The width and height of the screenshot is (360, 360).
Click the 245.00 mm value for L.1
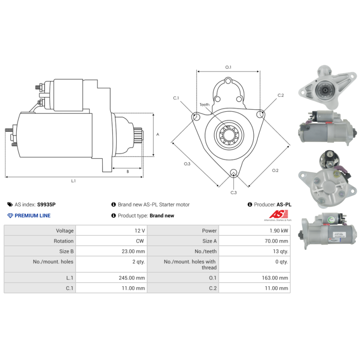[x=134, y=278]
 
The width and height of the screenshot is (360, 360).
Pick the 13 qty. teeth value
[x=279, y=252]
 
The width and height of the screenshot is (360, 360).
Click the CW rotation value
[x=140, y=241]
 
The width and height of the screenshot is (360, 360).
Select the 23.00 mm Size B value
[x=134, y=252]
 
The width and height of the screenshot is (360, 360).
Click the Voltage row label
[x=62, y=230]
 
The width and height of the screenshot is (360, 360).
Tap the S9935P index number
[x=47, y=204]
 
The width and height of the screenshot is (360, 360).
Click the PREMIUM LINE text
[x=32, y=216]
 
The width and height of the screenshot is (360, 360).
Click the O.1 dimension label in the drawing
[x=228, y=67]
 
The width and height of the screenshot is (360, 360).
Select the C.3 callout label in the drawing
[x=234, y=193]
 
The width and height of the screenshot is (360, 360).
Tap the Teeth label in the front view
[x=205, y=105]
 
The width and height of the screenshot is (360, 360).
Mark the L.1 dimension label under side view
[x=73, y=180]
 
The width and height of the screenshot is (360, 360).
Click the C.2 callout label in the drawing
[x=280, y=95]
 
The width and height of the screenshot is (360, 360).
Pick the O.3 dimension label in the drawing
[x=187, y=164]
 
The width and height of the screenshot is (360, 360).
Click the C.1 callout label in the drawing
[x=176, y=98]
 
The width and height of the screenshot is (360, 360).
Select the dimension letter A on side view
[x=157, y=135]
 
